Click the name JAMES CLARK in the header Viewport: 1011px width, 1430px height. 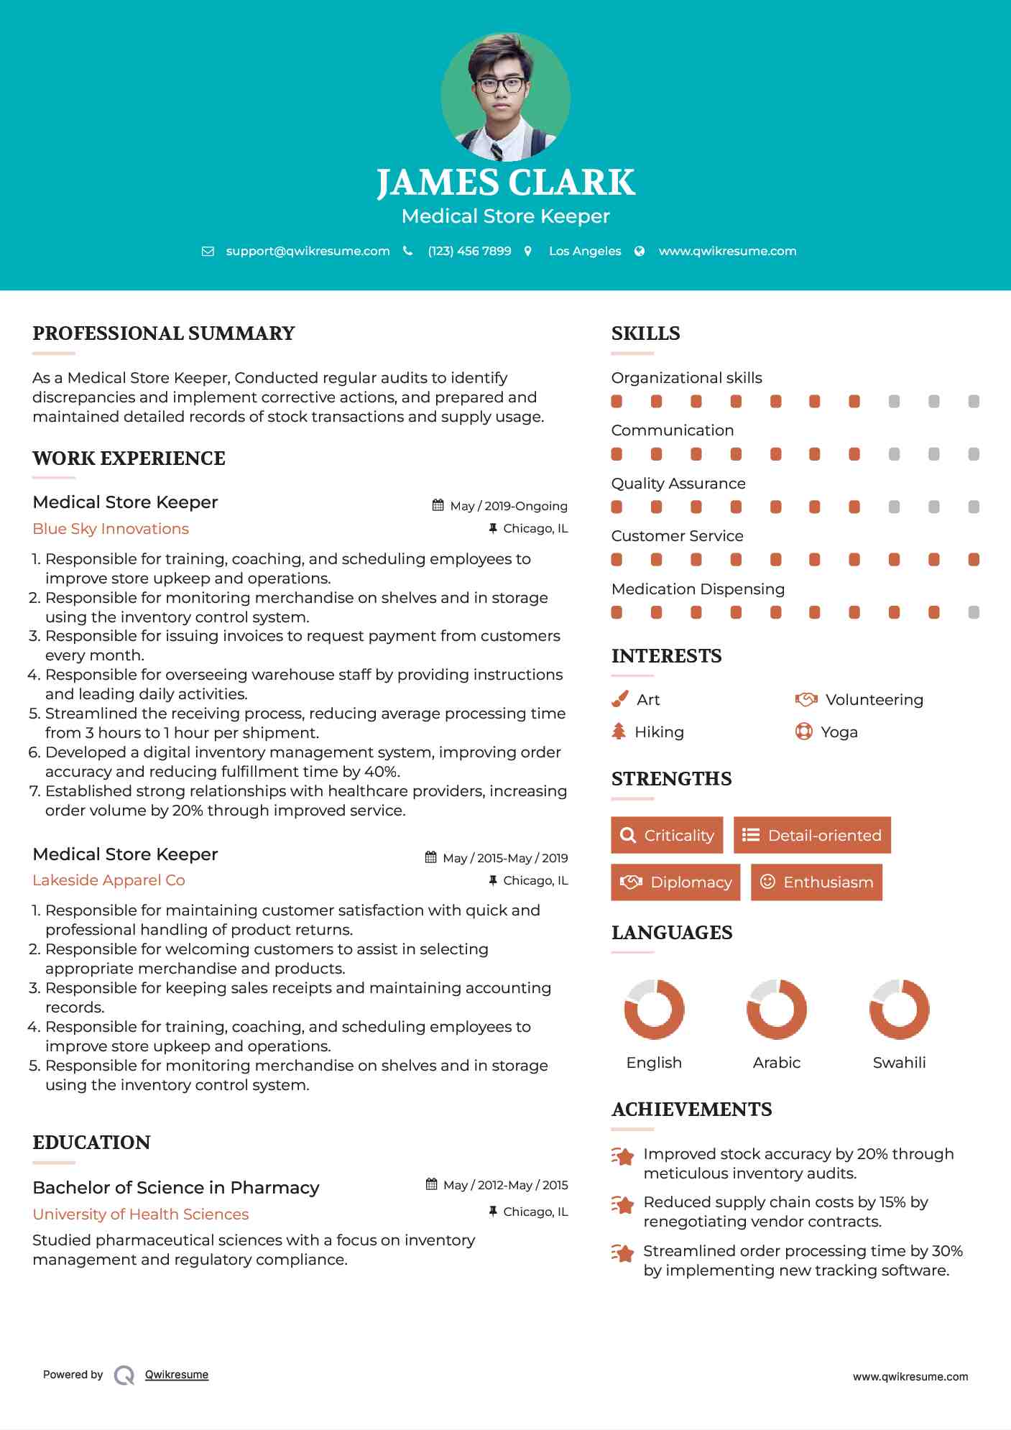coord(505,183)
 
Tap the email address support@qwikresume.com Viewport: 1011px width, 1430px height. coord(308,251)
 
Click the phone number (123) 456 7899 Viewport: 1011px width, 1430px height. coord(469,251)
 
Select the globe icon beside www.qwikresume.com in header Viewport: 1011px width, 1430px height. coord(640,251)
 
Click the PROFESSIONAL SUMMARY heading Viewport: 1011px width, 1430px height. coord(164,333)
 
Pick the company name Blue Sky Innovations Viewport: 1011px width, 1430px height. coord(111,529)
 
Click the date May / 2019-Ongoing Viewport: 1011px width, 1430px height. coord(508,506)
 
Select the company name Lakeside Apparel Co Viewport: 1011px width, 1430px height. coord(109,880)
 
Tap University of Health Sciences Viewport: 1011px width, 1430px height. coord(141,1214)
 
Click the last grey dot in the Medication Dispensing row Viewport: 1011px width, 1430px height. coord(974,612)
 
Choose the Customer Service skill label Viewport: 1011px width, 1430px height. coord(677,536)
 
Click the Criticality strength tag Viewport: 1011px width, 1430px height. coord(667,835)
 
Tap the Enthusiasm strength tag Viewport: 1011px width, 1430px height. coord(816,882)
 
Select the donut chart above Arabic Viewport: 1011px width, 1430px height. coord(777,1010)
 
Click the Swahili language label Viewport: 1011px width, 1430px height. coord(899,1063)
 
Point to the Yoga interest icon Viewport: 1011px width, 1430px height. coord(803,732)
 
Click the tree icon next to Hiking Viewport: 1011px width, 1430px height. coord(619,732)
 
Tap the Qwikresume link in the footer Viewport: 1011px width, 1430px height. coord(177,1375)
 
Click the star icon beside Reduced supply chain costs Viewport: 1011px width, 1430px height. coord(623,1205)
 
